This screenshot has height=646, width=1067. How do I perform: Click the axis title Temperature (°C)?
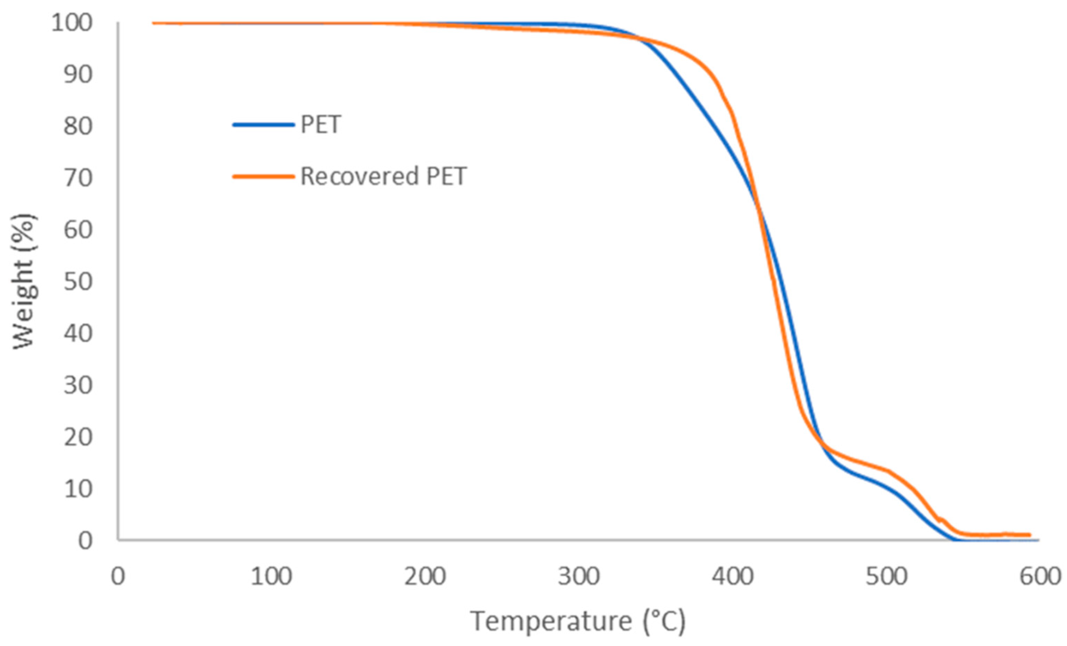(x=578, y=621)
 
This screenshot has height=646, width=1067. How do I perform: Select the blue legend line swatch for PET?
(x=263, y=125)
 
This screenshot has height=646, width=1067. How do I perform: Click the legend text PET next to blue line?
(x=320, y=125)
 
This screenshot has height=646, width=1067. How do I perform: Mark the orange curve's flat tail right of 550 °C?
(x=996, y=535)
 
